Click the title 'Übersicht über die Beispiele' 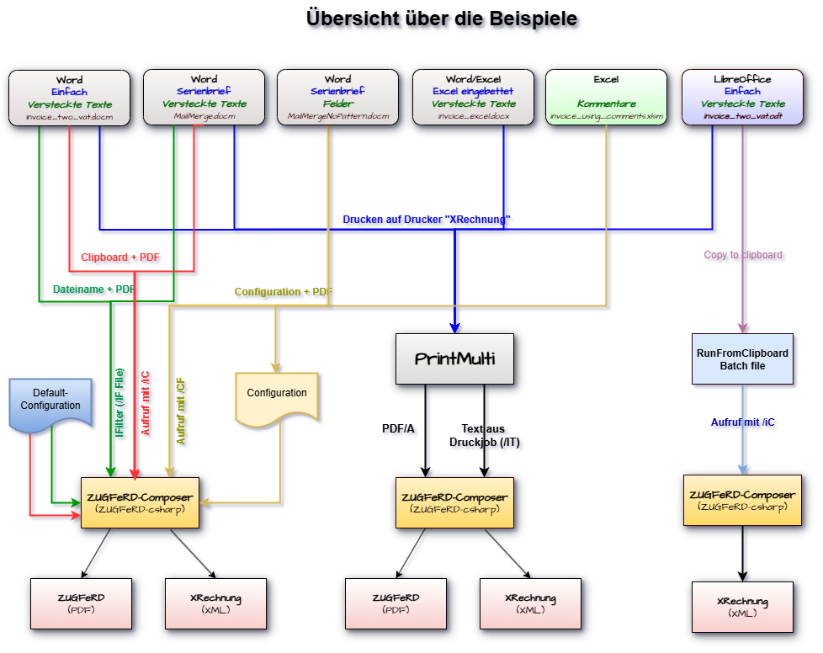pyautogui.click(x=444, y=19)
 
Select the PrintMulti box pyautogui.click(x=454, y=359)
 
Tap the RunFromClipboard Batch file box pyautogui.click(x=741, y=359)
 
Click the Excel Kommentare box pyautogui.click(x=606, y=98)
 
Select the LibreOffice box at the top pyautogui.click(x=741, y=98)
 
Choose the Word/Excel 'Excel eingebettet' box pyautogui.click(x=473, y=98)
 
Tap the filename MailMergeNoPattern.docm pyautogui.click(x=338, y=116)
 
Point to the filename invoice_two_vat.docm pyautogui.click(x=69, y=116)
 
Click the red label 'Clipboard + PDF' pyautogui.click(x=121, y=257)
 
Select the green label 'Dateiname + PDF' pyautogui.click(x=93, y=289)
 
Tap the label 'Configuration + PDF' pyautogui.click(x=284, y=292)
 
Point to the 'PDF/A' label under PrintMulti pyautogui.click(x=400, y=430)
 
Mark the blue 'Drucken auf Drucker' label pyautogui.click(x=428, y=220)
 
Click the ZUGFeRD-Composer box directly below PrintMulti pyautogui.click(x=454, y=502)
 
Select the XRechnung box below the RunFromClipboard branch pyautogui.click(x=741, y=607)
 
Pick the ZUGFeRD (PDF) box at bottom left pyautogui.click(x=81, y=603)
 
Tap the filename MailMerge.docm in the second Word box pyautogui.click(x=204, y=116)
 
